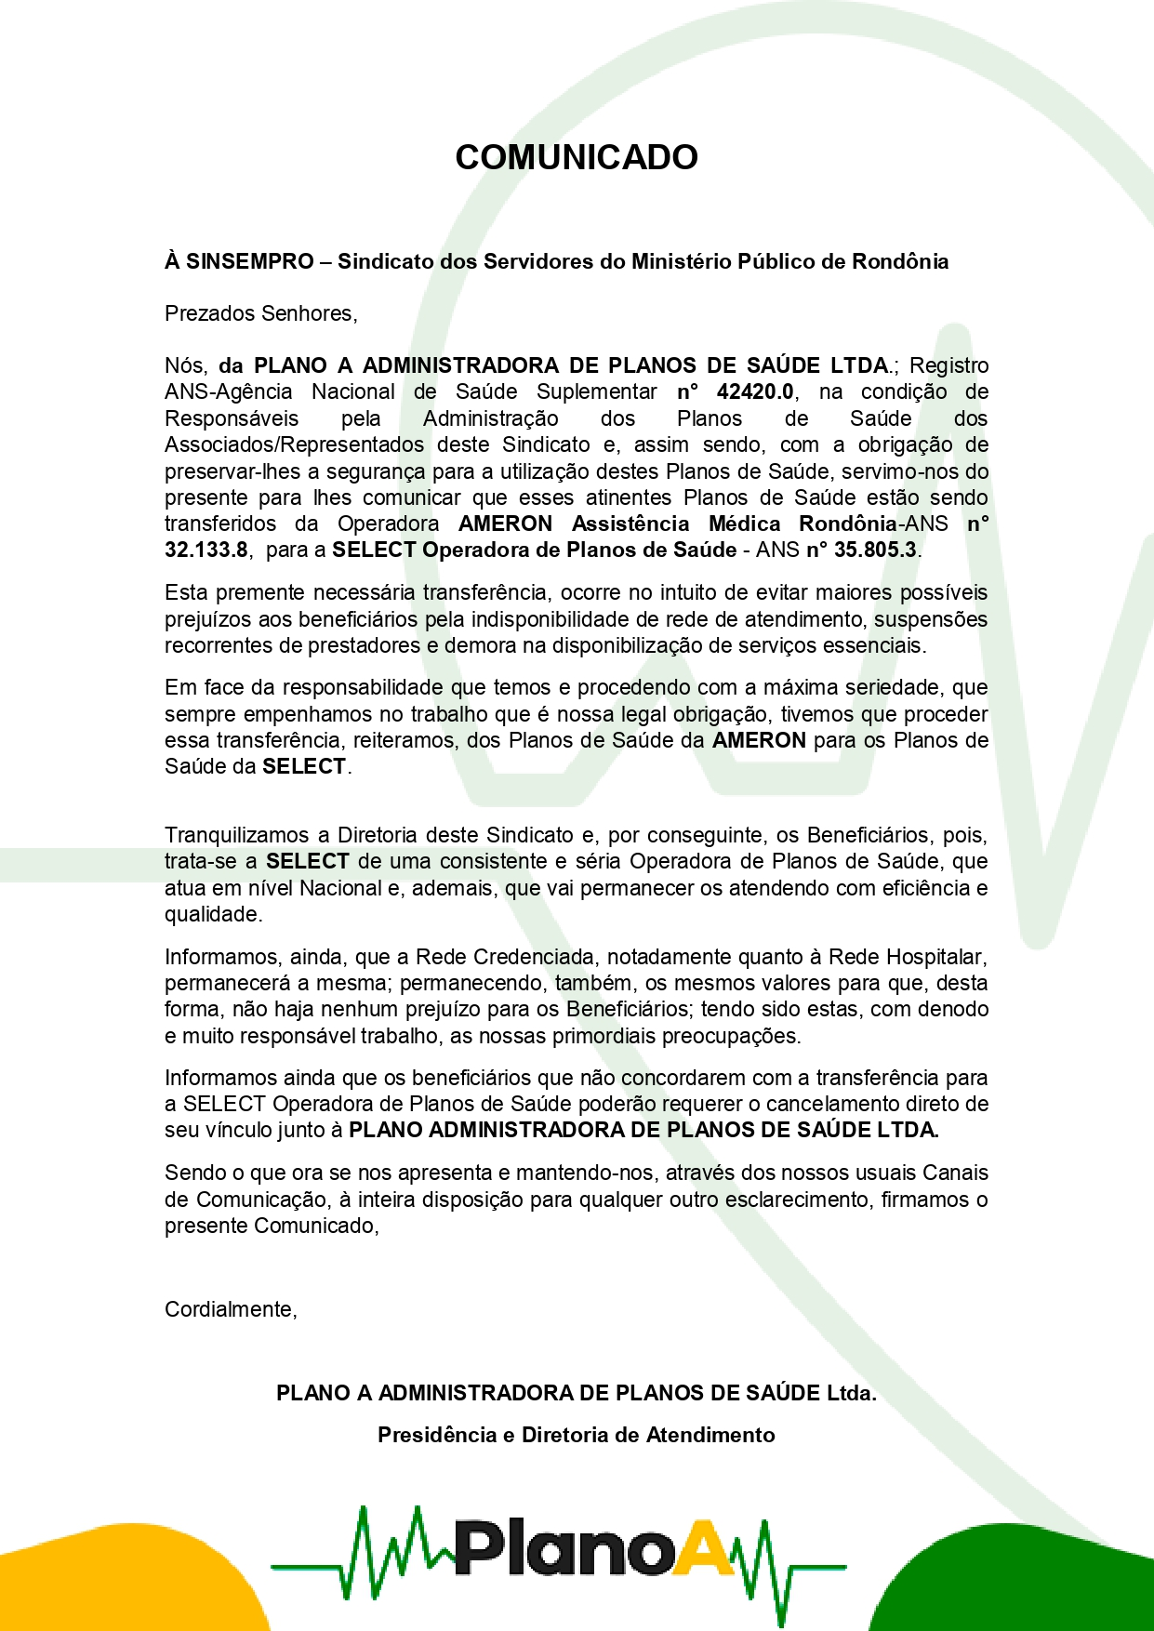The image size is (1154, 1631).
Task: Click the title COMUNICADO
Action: click(x=577, y=157)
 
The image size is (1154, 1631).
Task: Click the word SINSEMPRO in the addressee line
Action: click(x=249, y=261)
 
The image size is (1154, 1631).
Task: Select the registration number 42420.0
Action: click(x=754, y=391)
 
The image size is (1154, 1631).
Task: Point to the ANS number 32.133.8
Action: click(x=206, y=550)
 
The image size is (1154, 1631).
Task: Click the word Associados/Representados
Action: click(x=294, y=444)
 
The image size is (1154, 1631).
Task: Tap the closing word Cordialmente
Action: click(x=229, y=1309)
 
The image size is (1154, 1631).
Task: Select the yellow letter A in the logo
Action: click(x=704, y=1547)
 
